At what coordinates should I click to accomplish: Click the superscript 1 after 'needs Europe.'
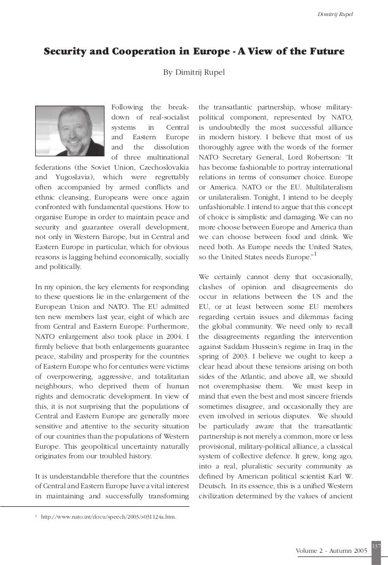(x=316, y=257)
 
